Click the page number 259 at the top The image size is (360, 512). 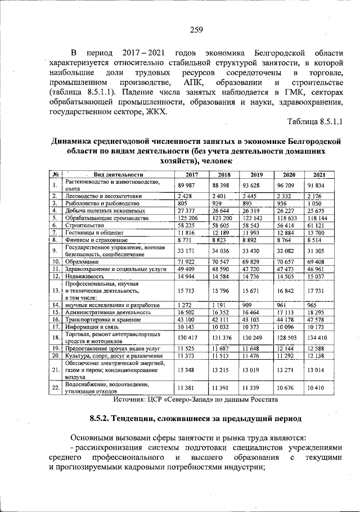pyautogui.click(x=196, y=30)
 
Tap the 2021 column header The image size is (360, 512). pyautogui.click(x=320, y=174)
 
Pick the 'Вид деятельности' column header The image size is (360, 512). pyautogui.click(x=114, y=174)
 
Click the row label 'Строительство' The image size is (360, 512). pyautogui.click(x=85, y=224)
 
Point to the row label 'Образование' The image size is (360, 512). pyautogui.click(x=82, y=261)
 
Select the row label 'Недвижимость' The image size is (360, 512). pyautogui.click(x=84, y=276)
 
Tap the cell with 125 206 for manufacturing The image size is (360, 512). pyautogui.click(x=186, y=217)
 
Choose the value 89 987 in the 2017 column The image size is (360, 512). pyautogui.click(x=186, y=185)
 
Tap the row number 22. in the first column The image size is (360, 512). pyautogui.click(x=56, y=388)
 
